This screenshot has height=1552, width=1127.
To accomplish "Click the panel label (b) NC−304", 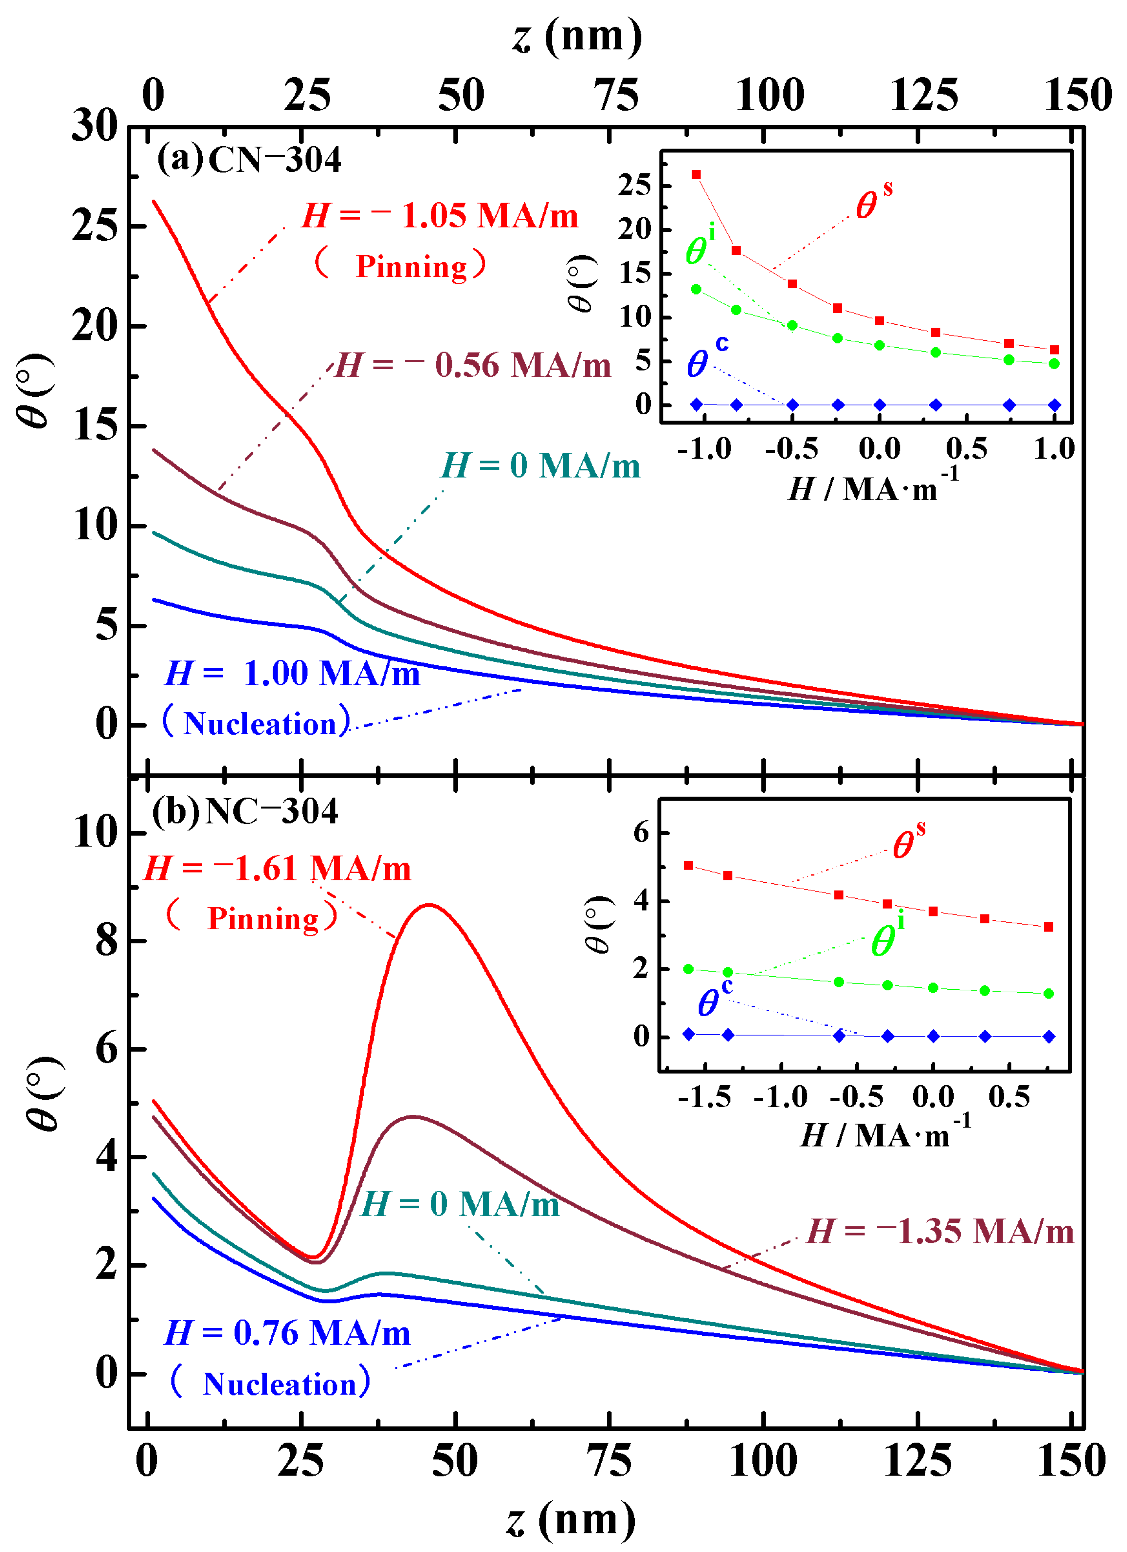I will (245, 812).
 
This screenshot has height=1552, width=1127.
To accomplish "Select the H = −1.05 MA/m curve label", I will (440, 216).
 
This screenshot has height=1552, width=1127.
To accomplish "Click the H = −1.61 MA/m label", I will (277, 869).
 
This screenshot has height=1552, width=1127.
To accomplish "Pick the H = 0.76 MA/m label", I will (287, 1333).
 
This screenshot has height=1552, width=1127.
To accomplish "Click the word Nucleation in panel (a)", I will (260, 724).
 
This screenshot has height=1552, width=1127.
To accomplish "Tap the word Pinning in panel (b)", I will (264, 918).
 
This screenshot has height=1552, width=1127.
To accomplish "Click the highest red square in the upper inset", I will (696, 174).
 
